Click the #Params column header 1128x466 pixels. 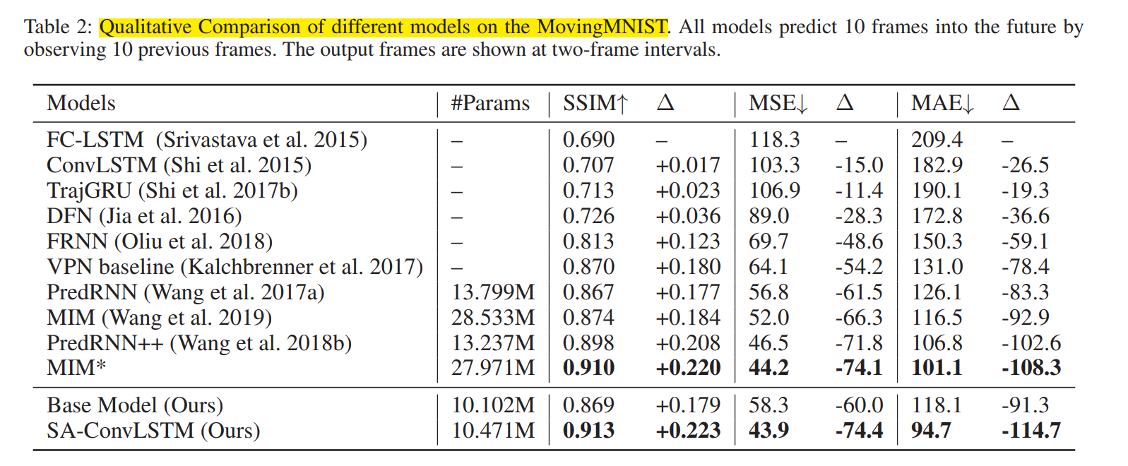coord(490,104)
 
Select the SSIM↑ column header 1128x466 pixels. coord(595,104)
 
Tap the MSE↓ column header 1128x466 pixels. coord(778,104)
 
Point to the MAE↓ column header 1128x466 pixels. coord(942,104)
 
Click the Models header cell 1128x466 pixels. coord(81,104)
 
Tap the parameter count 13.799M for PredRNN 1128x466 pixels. coord(493,292)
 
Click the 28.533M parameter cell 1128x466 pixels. coord(493,318)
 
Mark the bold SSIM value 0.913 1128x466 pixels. coord(588,431)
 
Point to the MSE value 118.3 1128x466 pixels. coord(774,140)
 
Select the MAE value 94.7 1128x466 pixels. coord(931,431)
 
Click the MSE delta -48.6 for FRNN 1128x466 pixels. coord(859,241)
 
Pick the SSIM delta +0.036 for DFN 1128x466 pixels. coord(688,216)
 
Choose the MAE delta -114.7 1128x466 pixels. coord(1031,431)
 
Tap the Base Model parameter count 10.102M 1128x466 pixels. coord(493,405)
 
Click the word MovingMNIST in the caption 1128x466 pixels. coord(602,27)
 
